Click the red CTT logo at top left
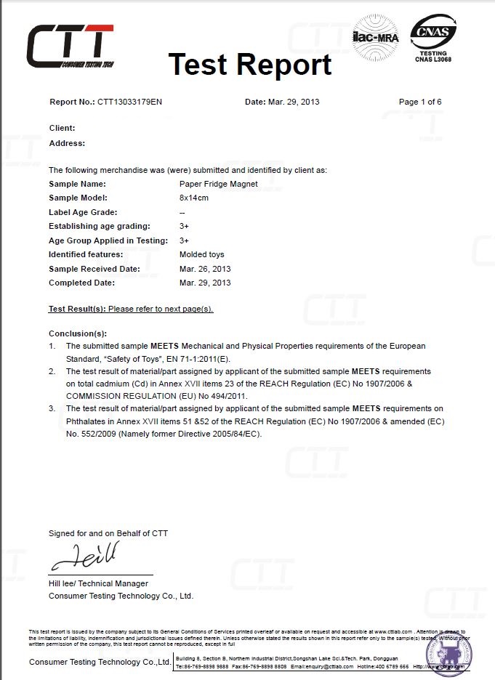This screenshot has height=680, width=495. (70, 46)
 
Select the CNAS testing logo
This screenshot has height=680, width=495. (433, 37)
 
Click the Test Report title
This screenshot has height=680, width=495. (250, 65)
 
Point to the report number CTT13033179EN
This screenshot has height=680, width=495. (134, 102)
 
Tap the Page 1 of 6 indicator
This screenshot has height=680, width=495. (420, 102)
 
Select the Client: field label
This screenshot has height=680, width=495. (62, 128)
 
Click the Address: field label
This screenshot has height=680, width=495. (67, 143)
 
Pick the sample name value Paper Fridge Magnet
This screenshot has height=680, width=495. (218, 184)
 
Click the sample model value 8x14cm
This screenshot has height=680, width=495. (194, 198)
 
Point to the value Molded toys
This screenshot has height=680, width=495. (201, 254)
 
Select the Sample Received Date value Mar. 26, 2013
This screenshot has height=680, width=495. (205, 269)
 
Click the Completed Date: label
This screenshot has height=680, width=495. (81, 283)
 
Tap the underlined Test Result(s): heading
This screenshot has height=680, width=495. (77, 309)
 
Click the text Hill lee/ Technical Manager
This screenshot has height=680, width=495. (98, 583)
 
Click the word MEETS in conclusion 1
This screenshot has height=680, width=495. (165, 346)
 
